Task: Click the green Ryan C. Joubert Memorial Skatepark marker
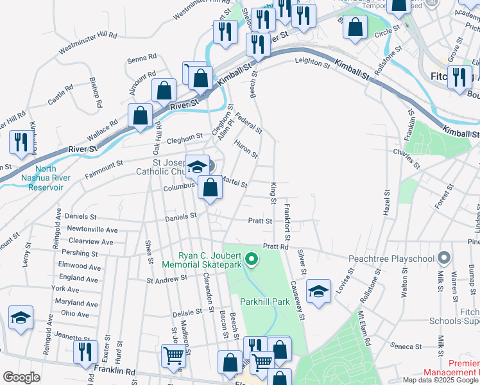point(252,260)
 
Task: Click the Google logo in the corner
point(21,377)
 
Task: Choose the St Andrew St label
point(166,280)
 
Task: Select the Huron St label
point(246,150)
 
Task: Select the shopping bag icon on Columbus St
point(210,187)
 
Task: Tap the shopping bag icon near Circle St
point(354,27)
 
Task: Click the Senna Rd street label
point(142,58)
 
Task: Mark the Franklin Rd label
point(114,371)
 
